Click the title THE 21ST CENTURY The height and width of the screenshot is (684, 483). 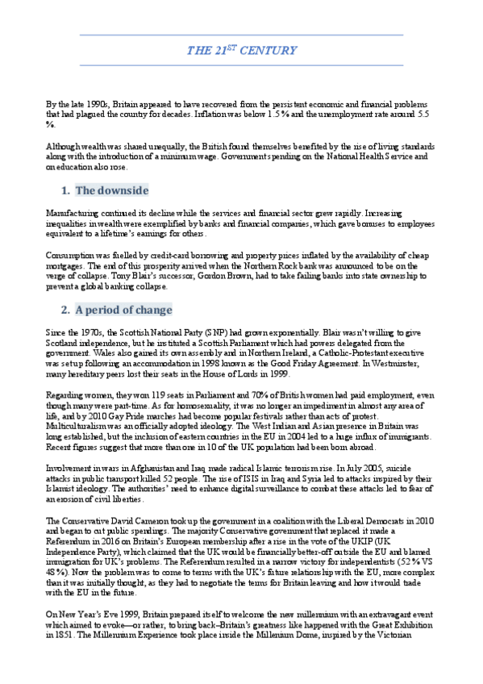(x=241, y=50)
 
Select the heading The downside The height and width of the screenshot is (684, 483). (x=111, y=191)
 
